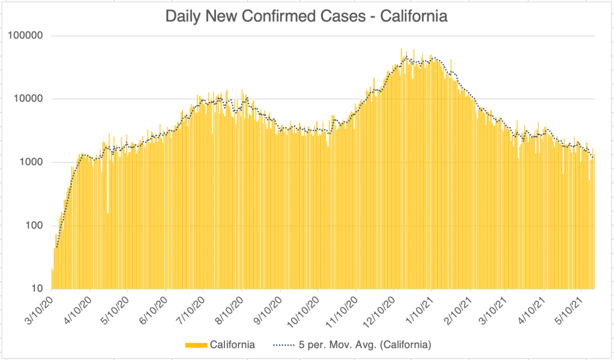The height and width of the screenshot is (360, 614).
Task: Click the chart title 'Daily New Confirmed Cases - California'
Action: click(307, 16)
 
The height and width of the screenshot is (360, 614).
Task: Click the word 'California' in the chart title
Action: click(414, 16)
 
